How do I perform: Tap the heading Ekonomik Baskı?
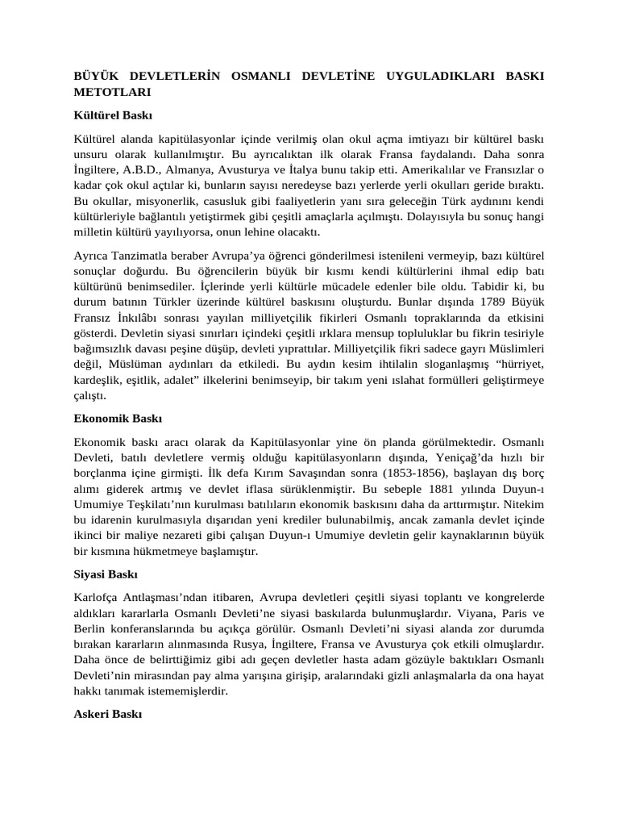tap(118, 419)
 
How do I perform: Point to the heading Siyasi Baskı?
tap(106, 574)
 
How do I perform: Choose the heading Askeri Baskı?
tap(107, 714)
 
